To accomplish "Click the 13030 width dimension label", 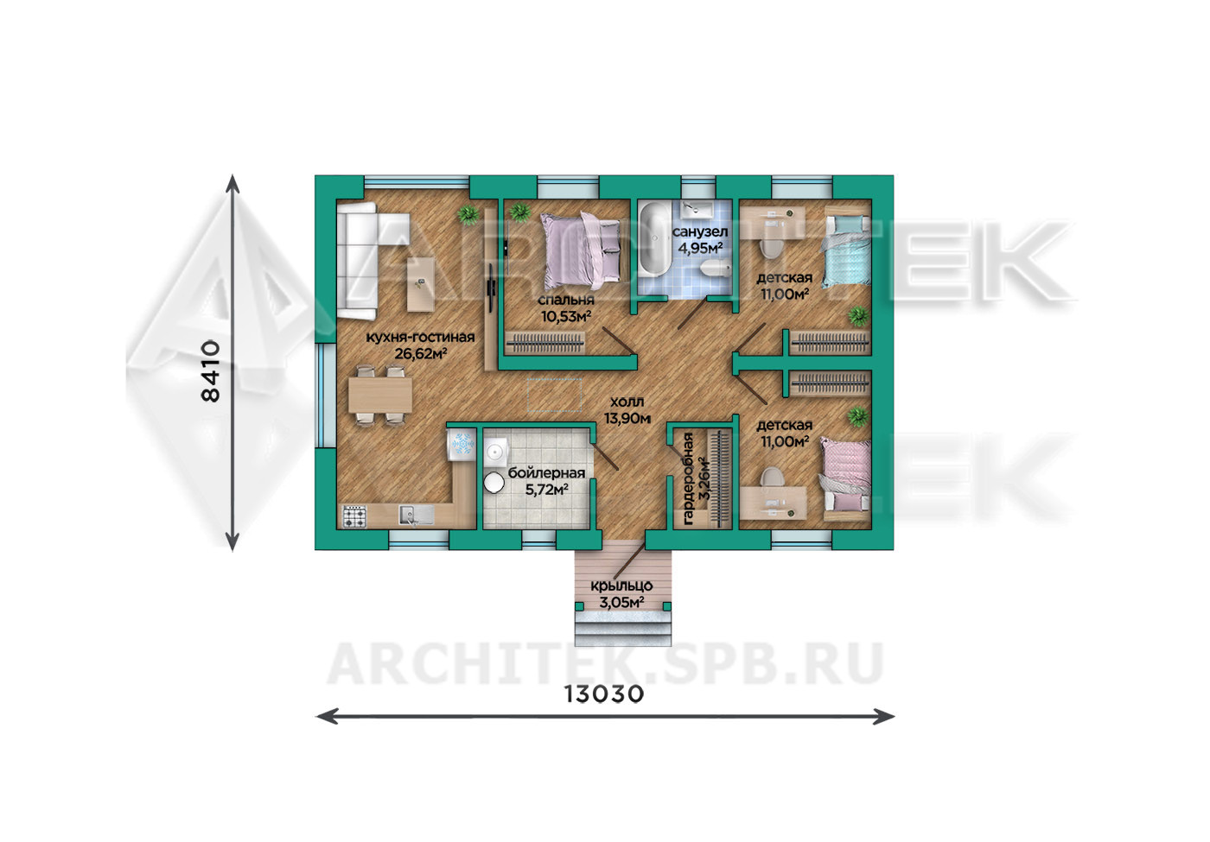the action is [604, 694].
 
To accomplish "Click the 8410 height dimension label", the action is [210, 370].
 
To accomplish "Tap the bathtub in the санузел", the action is [655, 248].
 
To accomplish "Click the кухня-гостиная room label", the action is [420, 338].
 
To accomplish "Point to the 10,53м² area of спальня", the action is [566, 316].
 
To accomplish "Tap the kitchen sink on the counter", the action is [416, 515].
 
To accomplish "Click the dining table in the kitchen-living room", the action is [380, 396].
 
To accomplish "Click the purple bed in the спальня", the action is [581, 250].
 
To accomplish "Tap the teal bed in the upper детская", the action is [846, 252].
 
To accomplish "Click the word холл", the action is [627, 402].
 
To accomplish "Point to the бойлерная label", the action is [546, 473].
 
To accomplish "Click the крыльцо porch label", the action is [621, 586].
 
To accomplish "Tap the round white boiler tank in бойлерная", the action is [494, 483].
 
